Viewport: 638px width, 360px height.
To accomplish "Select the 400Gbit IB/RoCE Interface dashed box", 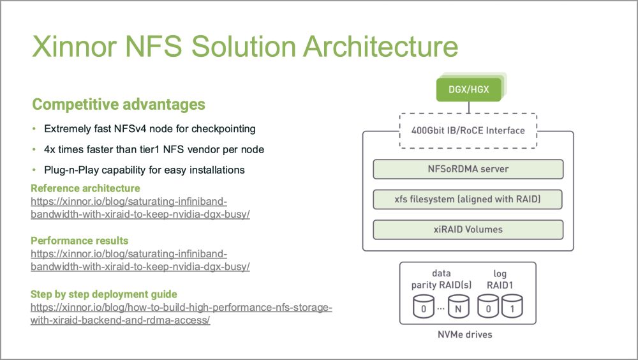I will [468, 131].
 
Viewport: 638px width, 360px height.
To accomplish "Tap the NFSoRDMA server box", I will [468, 169].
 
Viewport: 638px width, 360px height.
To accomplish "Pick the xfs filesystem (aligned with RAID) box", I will [468, 199].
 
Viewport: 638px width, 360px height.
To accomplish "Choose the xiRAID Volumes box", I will [468, 229].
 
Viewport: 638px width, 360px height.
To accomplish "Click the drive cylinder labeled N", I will [458, 308].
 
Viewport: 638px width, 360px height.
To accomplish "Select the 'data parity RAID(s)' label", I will [441, 279].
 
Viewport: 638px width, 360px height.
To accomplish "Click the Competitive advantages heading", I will [119, 104].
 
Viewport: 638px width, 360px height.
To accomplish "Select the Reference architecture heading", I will [85, 188].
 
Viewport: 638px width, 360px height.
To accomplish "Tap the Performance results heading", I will [80, 241].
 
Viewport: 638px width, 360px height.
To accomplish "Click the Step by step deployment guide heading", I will [104, 294].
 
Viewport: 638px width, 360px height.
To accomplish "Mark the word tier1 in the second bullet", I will [148, 149].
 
